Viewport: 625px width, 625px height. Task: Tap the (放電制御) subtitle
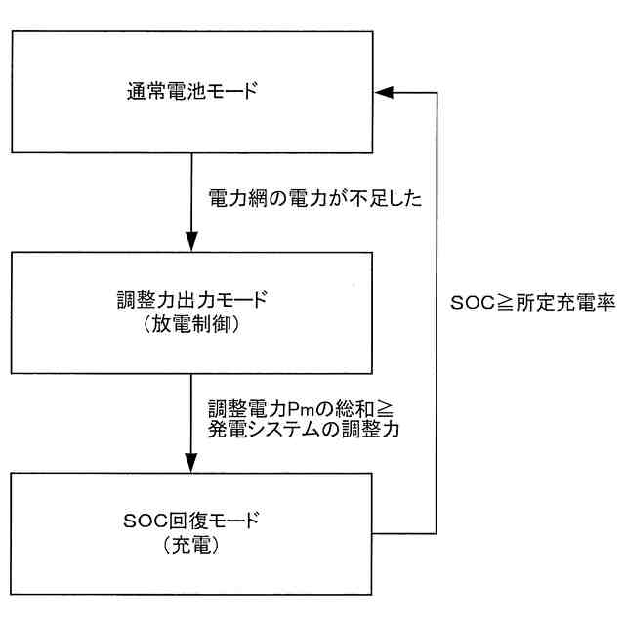point(192,324)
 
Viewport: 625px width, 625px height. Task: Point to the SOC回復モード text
point(192,521)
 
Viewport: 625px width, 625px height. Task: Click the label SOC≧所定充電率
point(532,303)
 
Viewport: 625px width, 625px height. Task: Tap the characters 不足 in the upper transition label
point(378,199)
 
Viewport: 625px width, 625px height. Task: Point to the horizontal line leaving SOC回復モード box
point(404,532)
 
